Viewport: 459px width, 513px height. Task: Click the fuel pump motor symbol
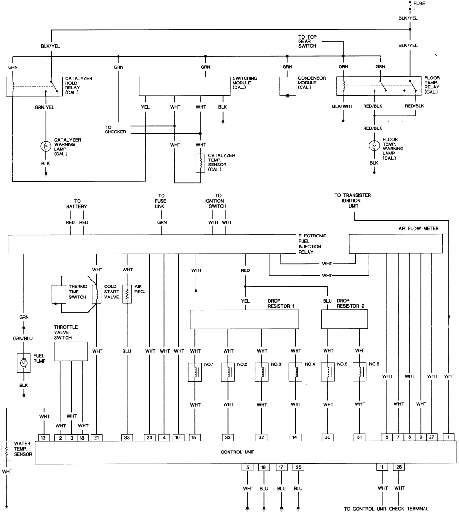[23, 363]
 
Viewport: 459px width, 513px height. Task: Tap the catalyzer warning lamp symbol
[45, 146]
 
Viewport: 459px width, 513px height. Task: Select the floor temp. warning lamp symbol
[375, 146]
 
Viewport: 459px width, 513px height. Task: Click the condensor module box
[288, 86]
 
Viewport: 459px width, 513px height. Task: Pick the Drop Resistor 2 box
[344, 319]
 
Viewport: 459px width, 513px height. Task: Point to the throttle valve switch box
[71, 351]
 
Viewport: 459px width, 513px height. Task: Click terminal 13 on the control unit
[43, 437]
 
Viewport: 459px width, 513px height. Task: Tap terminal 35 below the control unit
[298, 468]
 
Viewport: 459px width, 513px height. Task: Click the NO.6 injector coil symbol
[359, 372]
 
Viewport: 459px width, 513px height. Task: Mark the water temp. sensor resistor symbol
[7, 451]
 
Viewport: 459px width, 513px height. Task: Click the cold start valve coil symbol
[96, 294]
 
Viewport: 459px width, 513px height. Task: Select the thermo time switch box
[58, 295]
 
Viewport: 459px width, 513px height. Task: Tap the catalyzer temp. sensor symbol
[200, 163]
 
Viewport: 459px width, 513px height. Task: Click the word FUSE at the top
[419, 4]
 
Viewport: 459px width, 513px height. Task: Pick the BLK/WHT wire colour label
[342, 106]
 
